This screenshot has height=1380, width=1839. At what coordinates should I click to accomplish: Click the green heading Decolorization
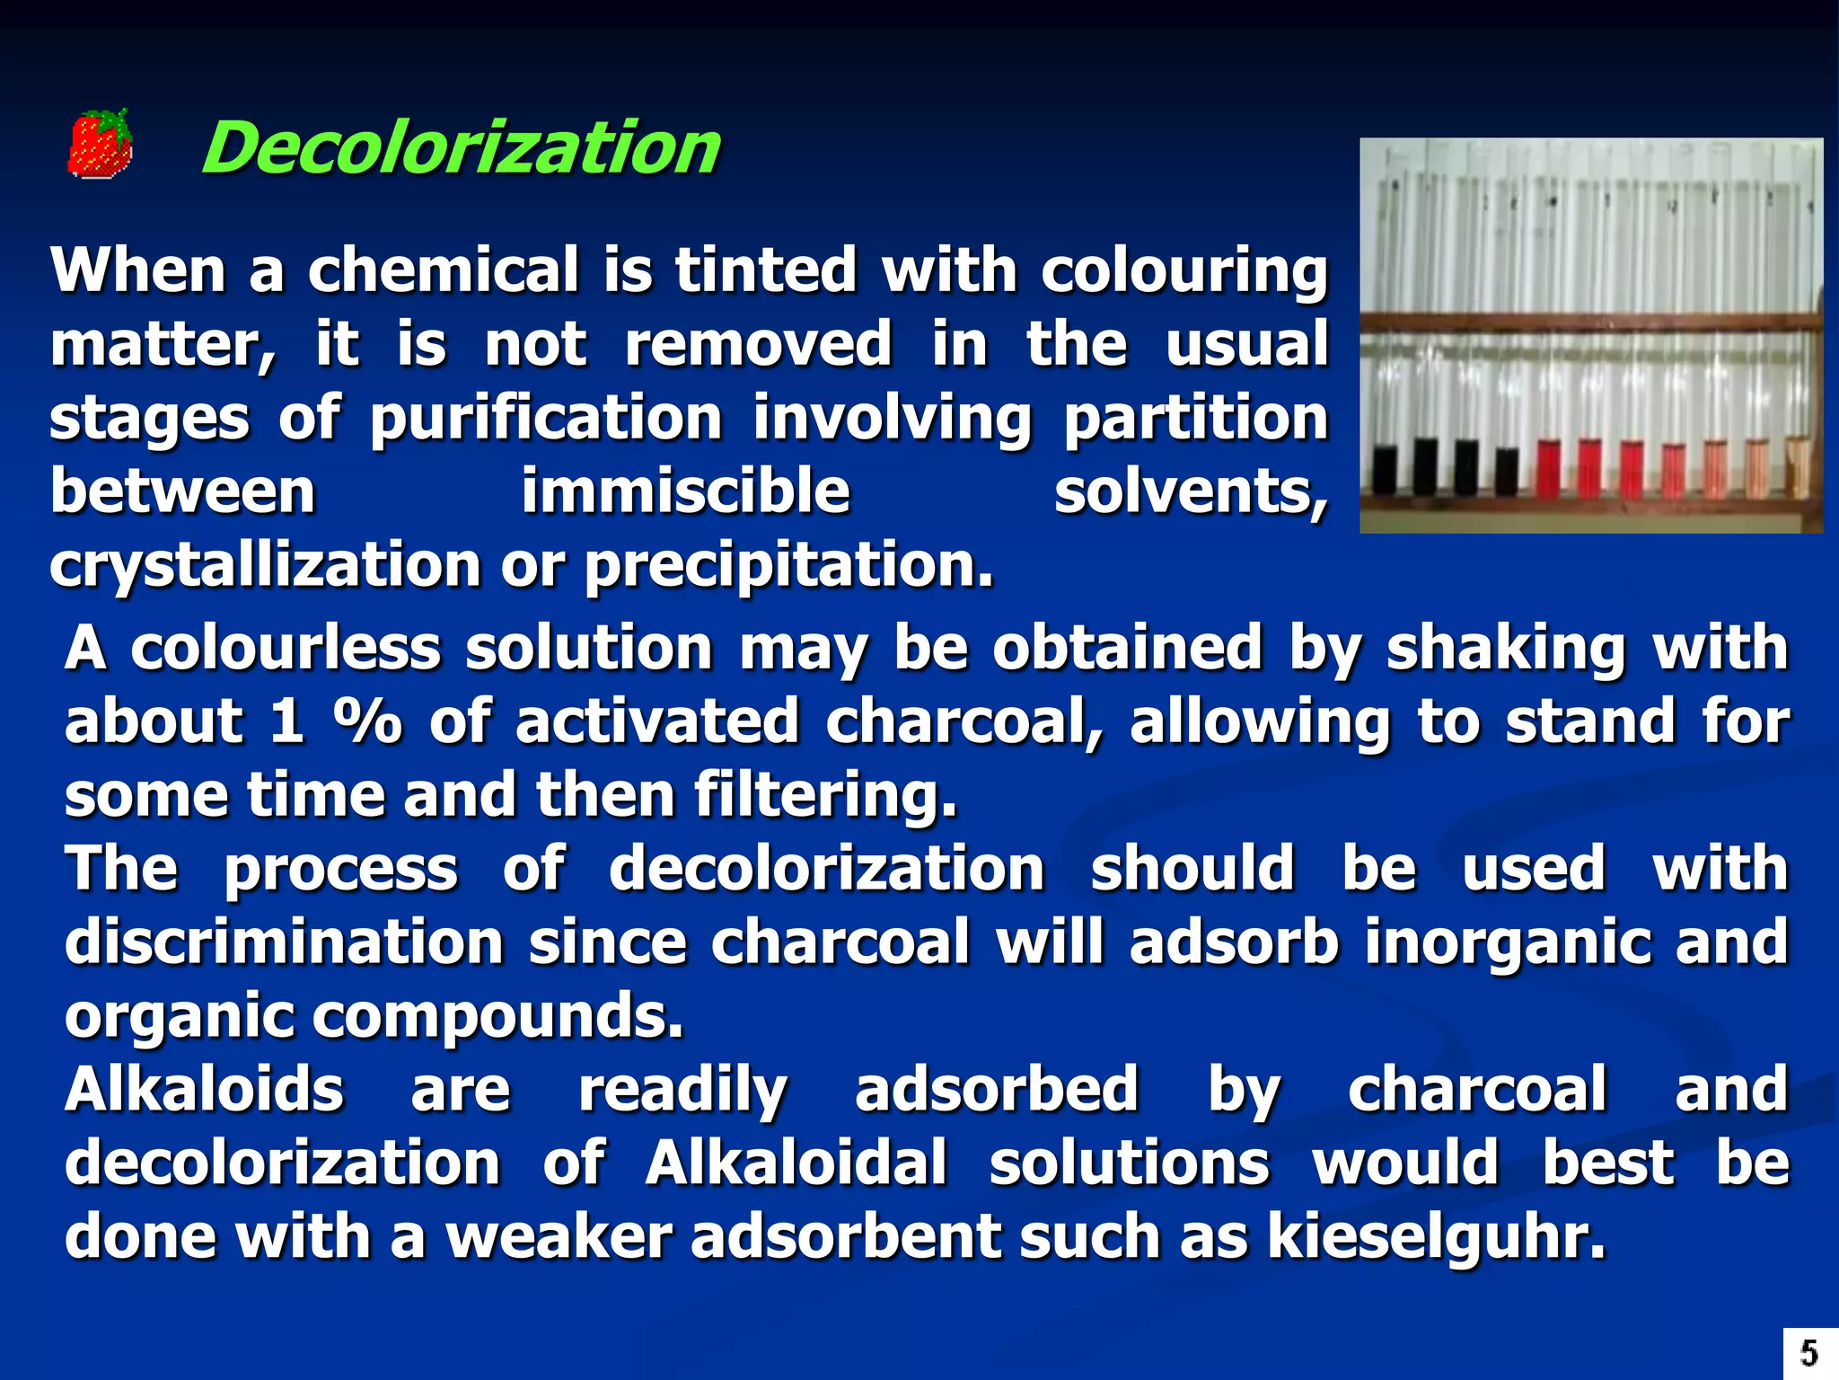coord(460,148)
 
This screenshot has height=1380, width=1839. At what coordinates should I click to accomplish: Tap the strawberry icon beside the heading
coord(100,144)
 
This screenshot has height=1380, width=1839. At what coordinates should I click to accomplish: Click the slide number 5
coord(1808,1353)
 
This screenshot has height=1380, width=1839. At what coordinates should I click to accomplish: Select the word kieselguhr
coord(1436,1237)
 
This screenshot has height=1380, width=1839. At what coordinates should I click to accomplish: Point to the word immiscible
coord(685,491)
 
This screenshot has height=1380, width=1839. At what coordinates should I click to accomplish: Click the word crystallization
coord(265,566)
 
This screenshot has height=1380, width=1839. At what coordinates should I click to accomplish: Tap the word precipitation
coord(789,566)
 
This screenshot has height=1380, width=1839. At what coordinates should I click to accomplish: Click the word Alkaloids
coord(204,1089)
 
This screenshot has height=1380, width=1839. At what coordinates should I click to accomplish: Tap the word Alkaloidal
coord(796,1163)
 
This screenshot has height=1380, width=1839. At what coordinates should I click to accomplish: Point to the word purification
coord(546,420)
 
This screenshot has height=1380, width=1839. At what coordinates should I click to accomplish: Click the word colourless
coord(286,648)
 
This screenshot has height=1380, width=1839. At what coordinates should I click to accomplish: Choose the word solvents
coord(1190,493)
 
